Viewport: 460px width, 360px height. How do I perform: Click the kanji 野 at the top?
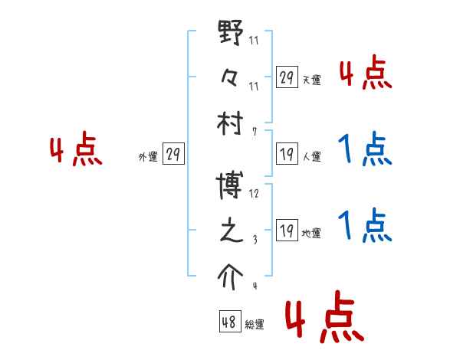[231, 35]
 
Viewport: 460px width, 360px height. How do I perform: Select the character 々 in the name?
[230, 77]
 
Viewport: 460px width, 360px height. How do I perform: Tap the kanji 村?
[231, 122]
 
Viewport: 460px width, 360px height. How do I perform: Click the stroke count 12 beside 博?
[254, 193]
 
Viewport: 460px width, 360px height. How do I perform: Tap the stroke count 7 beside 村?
[255, 131]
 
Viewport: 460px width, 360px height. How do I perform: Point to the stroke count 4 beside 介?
[255, 286]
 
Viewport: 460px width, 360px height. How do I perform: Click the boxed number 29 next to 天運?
[287, 77]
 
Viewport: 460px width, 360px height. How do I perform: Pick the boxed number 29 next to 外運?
[173, 154]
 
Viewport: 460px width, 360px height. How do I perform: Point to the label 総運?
[255, 325]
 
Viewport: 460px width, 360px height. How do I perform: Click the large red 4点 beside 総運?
[324, 319]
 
